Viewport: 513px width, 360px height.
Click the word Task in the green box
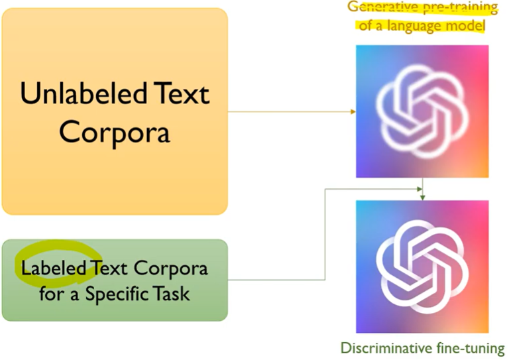point(174,292)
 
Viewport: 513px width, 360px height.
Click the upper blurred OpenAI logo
point(422,111)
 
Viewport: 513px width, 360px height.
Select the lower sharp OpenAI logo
point(422,266)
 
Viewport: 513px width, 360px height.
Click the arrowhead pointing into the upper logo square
point(353,111)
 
